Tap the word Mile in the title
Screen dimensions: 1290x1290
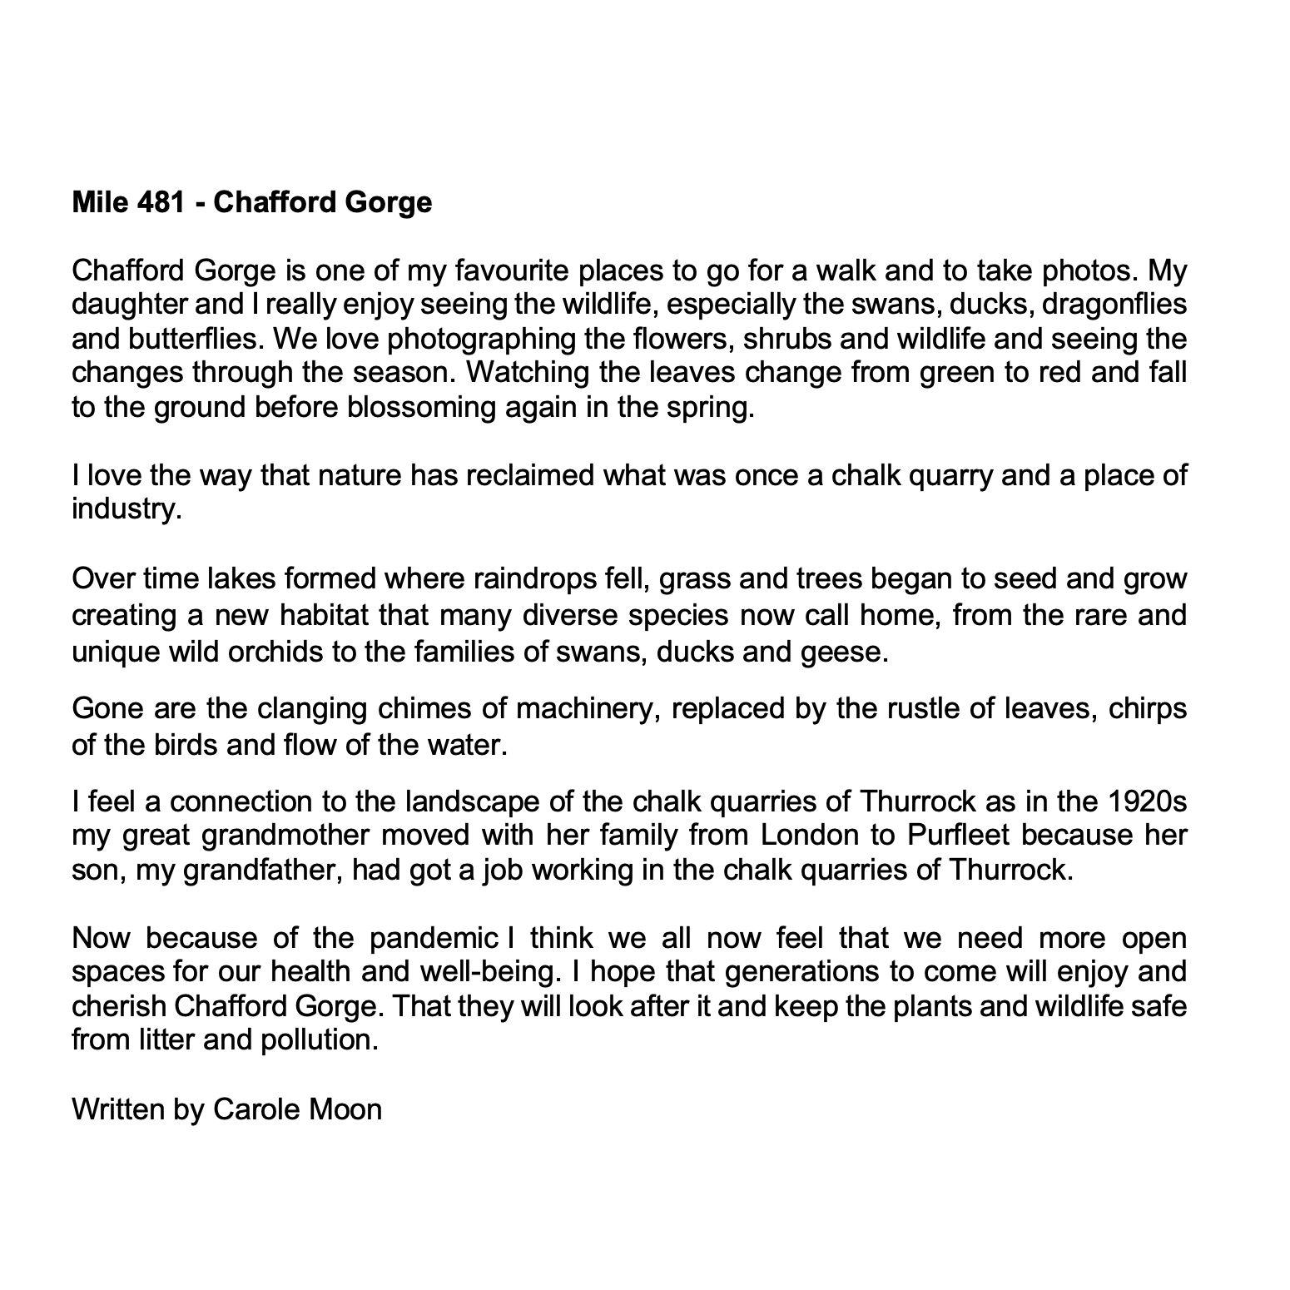point(99,202)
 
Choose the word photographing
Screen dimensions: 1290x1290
point(479,339)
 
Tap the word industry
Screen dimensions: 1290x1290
point(126,509)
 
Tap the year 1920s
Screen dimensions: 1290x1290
point(1147,801)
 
